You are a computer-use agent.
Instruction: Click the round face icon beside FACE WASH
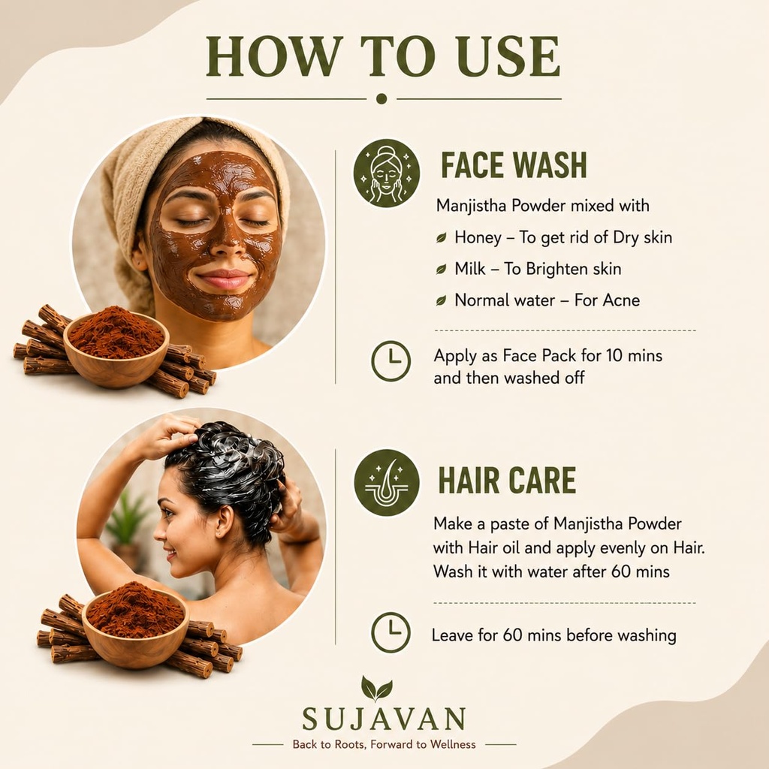click(x=387, y=173)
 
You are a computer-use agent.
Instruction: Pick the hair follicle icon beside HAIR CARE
click(x=387, y=483)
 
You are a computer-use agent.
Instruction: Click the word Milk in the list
click(x=470, y=269)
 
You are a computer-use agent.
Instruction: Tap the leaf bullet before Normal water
click(x=442, y=300)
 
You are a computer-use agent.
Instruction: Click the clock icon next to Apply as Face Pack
click(x=391, y=361)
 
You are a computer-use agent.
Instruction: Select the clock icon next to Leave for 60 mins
click(x=391, y=632)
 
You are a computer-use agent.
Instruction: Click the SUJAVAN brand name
click(x=384, y=719)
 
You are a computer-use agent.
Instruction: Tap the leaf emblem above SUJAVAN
click(x=377, y=688)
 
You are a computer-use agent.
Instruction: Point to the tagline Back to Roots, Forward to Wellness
click(x=384, y=744)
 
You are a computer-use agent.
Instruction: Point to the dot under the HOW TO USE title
click(x=381, y=98)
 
